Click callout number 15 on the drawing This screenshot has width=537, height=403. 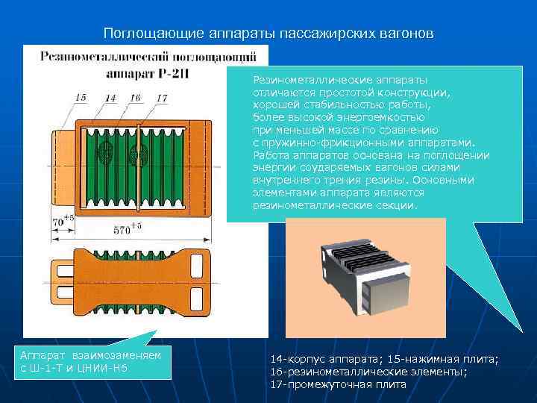tap(81, 97)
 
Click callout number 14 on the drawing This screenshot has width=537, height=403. tap(110, 97)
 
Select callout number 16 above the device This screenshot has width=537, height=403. tap(135, 97)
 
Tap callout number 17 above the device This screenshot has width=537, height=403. tap(161, 97)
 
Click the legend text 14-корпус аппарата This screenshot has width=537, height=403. tap(322, 359)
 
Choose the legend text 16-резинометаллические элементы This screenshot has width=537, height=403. tap(369, 371)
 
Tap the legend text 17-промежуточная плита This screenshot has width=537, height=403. tap(338, 384)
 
